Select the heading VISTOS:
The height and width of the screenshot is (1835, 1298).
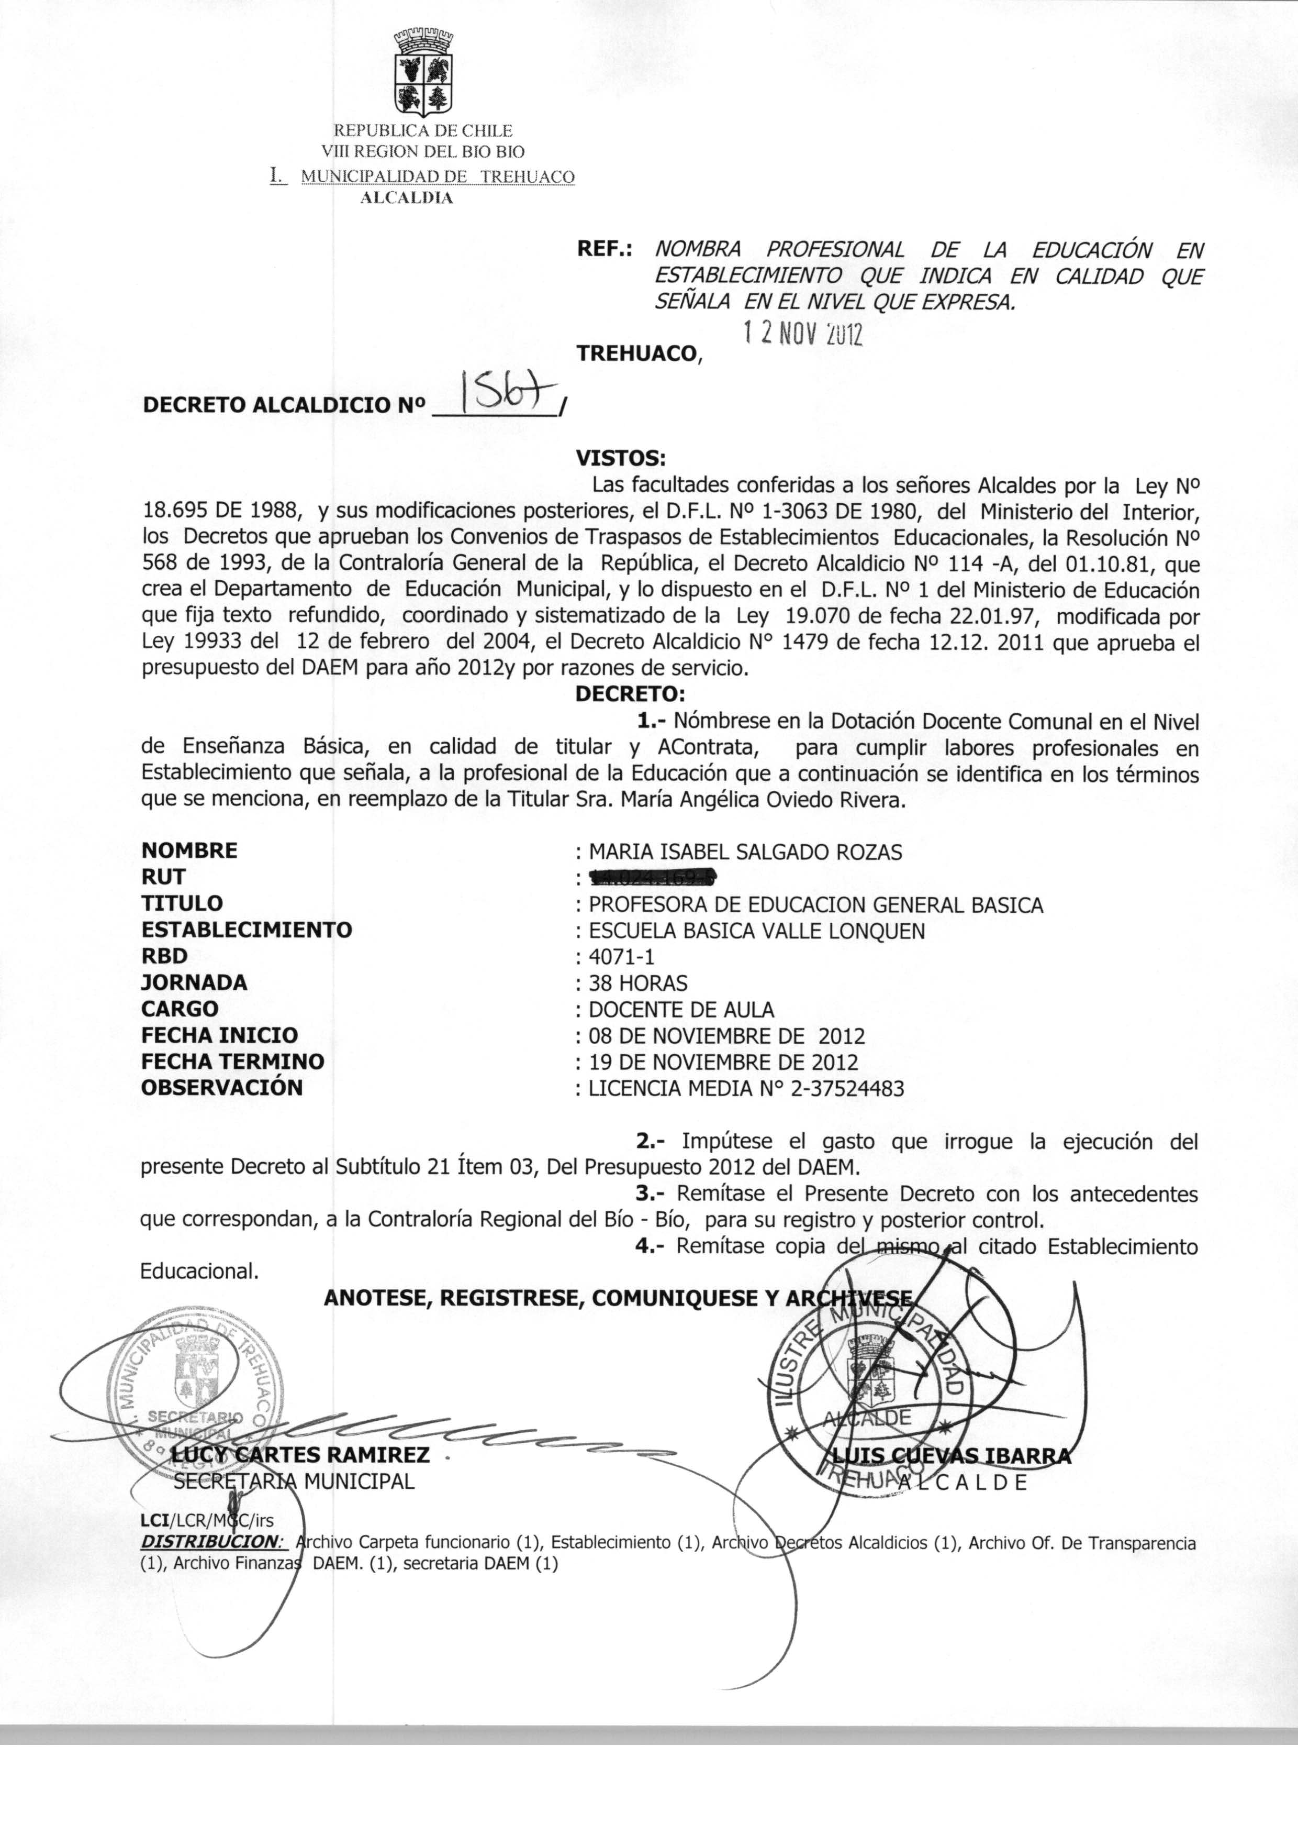click(x=620, y=459)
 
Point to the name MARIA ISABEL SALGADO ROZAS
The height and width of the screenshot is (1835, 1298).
click(x=745, y=853)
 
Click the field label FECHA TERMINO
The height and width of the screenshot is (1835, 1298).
click(x=232, y=1062)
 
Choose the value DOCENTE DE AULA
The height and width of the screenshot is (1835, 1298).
click(x=681, y=1010)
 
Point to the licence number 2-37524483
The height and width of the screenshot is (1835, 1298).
click(x=847, y=1088)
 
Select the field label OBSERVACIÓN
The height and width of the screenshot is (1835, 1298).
click(x=222, y=1087)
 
